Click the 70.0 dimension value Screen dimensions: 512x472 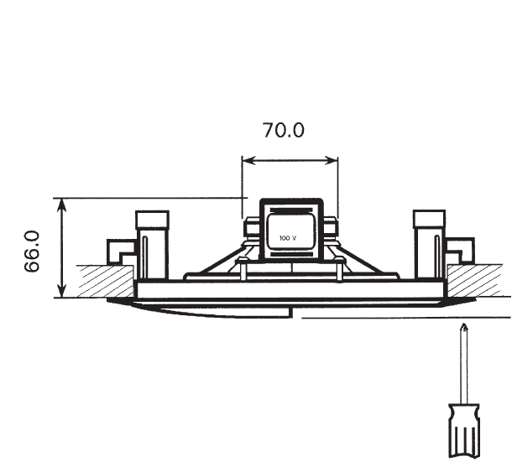click(284, 130)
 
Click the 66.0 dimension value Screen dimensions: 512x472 click(32, 252)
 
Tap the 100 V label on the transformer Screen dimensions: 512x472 click(288, 238)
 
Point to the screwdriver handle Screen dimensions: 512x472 click(464, 431)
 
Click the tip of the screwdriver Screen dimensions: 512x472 click(464, 324)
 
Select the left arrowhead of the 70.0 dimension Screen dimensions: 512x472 click(248, 160)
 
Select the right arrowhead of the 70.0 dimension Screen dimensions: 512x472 click(332, 160)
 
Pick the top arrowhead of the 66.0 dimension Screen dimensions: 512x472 click(62, 205)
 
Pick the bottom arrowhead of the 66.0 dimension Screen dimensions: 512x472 click(62, 291)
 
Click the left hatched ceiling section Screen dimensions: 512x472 click(106, 281)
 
